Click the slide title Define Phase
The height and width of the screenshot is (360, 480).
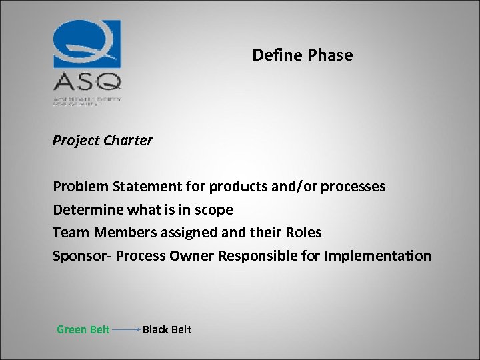click(302, 55)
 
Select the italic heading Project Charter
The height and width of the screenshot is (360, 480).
click(103, 141)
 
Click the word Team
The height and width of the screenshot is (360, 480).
click(71, 233)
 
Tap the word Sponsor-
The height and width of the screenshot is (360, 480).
click(82, 256)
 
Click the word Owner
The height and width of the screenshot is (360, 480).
click(191, 256)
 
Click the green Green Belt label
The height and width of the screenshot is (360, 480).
click(83, 329)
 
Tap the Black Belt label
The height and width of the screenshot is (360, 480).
click(167, 329)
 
